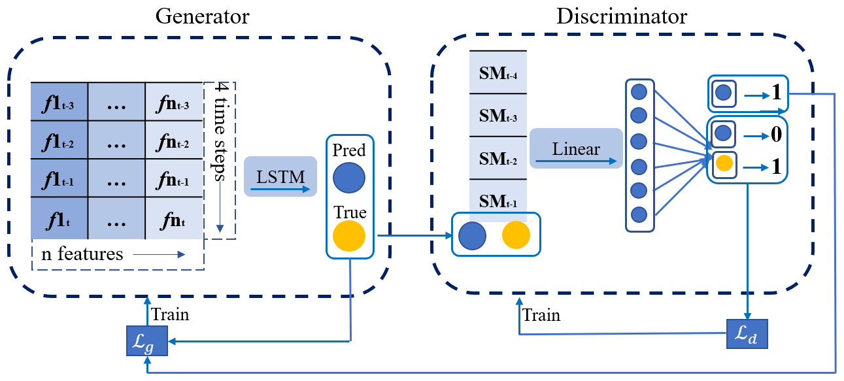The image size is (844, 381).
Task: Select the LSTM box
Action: coord(280,176)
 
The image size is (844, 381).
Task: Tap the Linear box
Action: coord(575,148)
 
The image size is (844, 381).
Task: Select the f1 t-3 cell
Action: coord(59,104)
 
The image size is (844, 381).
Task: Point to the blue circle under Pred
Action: coord(349,178)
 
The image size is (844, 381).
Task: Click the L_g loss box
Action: coord(147,342)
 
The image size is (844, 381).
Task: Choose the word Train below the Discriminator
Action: coord(541,315)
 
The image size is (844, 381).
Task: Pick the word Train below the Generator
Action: coord(170,314)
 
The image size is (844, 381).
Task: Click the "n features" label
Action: coord(82,254)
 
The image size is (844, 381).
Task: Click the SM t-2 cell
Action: coord(498,157)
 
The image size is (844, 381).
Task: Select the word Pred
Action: coord(349,151)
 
